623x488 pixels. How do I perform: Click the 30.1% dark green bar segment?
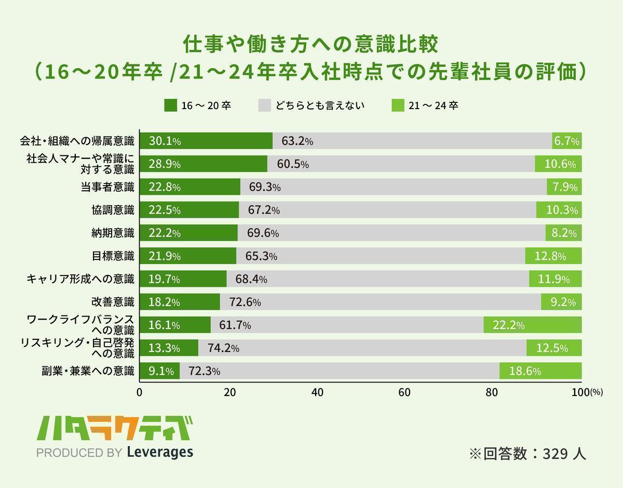click(x=206, y=141)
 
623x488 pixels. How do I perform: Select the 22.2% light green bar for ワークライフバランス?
click(x=532, y=325)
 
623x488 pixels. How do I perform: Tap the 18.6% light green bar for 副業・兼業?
click(x=540, y=371)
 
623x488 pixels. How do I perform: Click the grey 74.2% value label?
click(x=223, y=348)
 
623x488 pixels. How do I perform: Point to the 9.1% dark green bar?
click(x=159, y=371)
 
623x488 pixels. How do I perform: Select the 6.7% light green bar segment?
click(x=566, y=141)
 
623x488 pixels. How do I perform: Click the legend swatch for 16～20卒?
click(x=171, y=105)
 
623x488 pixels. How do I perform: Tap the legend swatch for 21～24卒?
click(x=397, y=105)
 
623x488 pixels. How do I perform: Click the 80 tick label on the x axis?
click(x=493, y=392)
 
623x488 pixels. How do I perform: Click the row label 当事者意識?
click(x=107, y=187)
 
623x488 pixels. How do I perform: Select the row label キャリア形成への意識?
click(x=80, y=279)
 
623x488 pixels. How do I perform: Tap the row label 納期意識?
click(x=113, y=233)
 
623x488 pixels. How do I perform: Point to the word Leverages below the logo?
click(x=160, y=452)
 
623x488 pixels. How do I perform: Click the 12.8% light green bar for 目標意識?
click(x=553, y=256)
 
